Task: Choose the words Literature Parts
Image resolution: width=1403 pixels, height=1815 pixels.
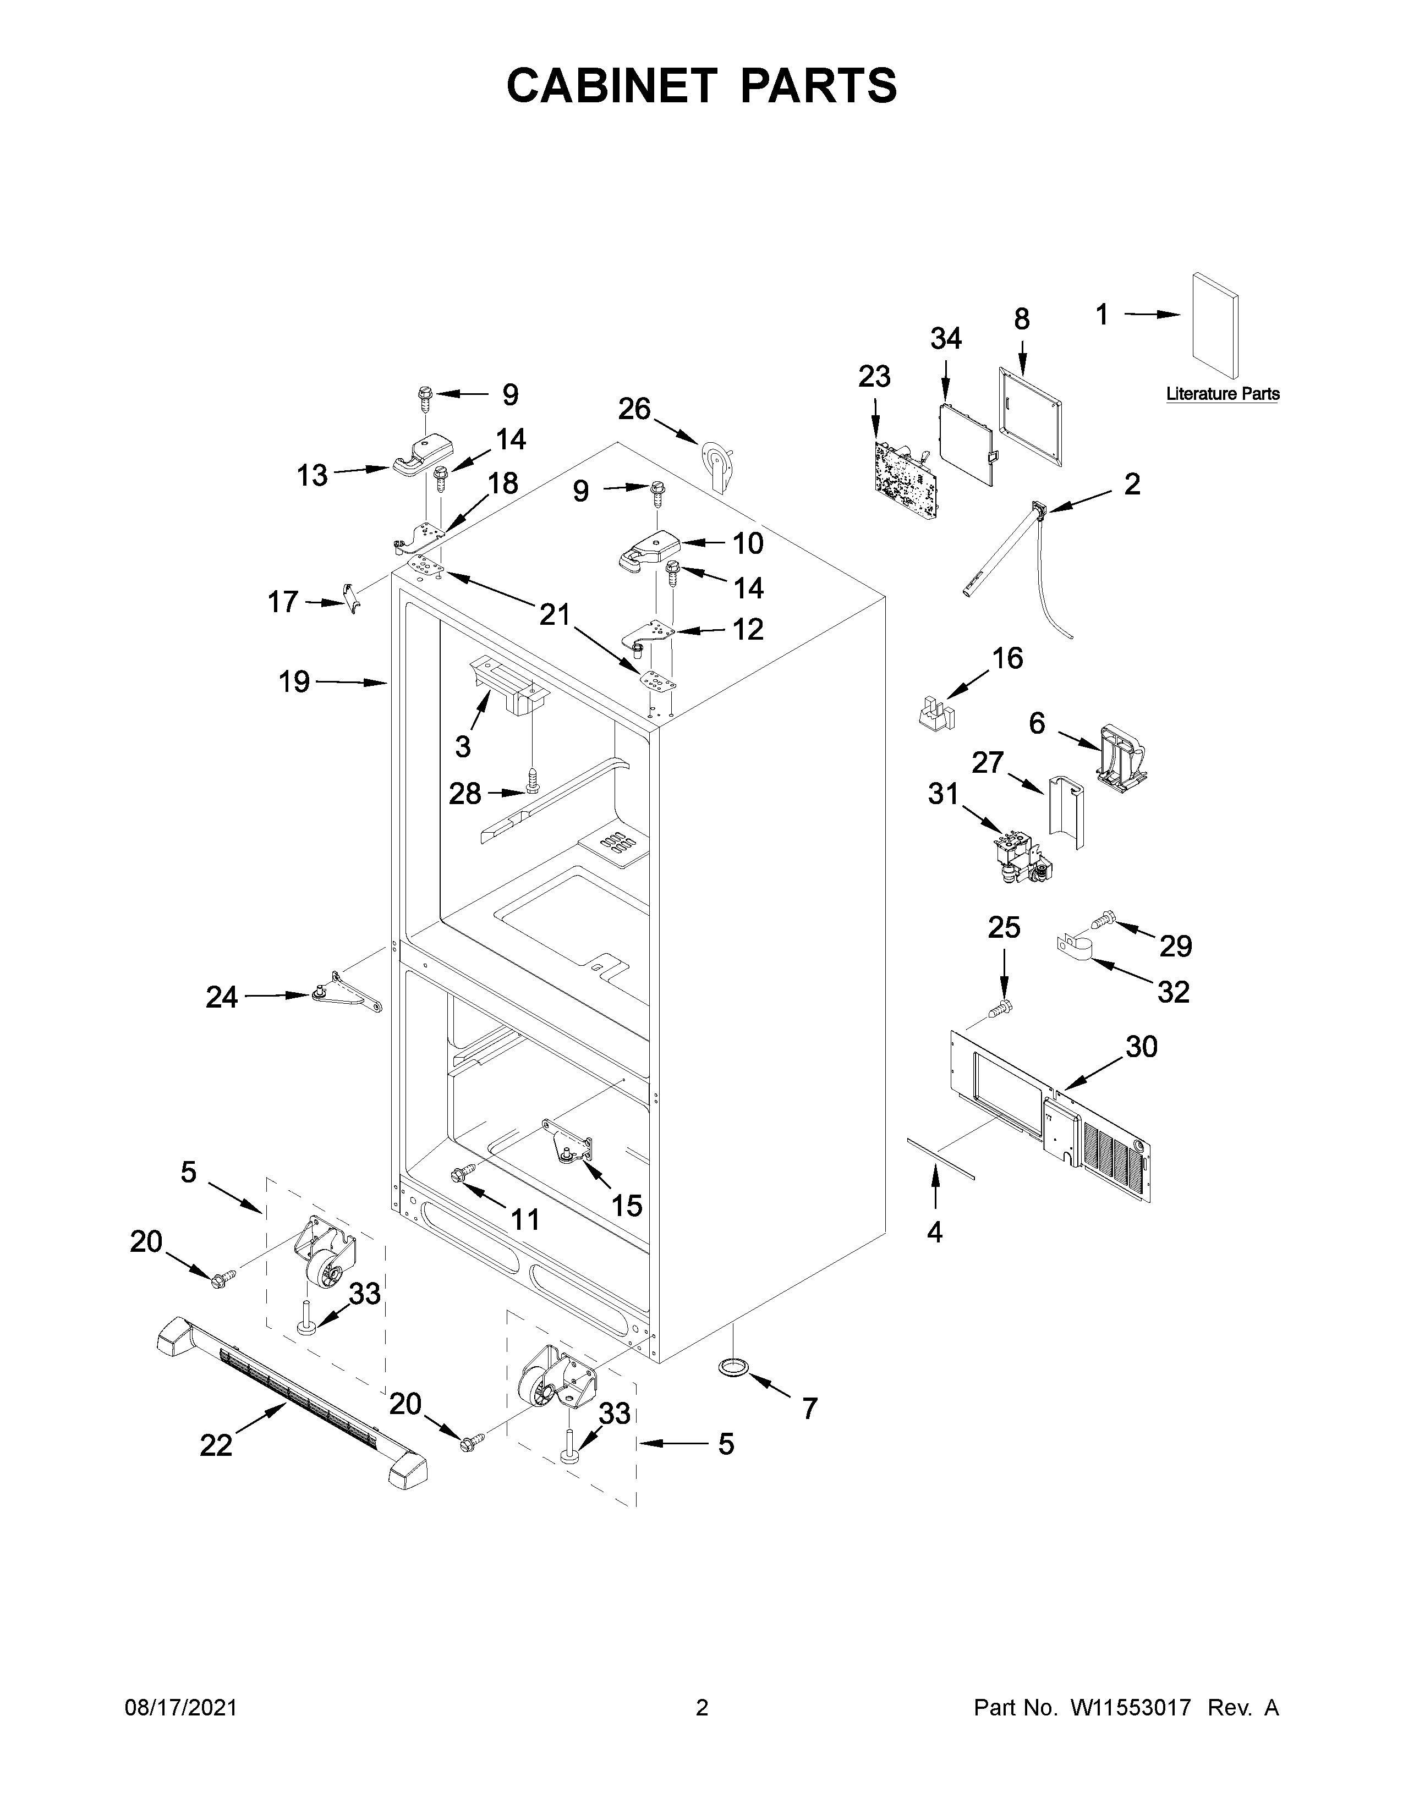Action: click(1222, 394)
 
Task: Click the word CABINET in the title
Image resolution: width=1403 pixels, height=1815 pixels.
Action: click(612, 86)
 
